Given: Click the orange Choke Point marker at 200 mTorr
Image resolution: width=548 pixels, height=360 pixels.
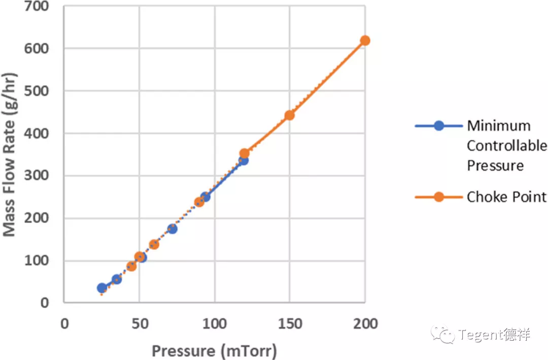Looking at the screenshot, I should (365, 41).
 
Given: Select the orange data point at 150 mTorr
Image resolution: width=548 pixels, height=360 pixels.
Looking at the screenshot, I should (289, 115).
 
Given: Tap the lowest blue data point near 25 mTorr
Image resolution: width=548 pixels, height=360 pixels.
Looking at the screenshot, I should (101, 288).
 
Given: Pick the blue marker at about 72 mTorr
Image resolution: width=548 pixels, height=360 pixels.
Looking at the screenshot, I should (172, 229).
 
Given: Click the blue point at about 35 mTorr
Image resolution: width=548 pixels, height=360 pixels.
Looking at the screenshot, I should (116, 279).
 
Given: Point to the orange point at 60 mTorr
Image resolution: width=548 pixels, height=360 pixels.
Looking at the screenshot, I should (154, 244).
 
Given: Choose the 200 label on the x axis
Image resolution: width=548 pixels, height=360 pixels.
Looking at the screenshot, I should (365, 323).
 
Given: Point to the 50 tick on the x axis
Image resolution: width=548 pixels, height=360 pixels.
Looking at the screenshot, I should (139, 323).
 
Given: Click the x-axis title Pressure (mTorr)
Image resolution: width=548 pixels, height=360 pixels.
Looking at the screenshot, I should (214, 351).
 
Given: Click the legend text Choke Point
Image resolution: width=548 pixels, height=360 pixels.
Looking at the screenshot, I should (506, 197).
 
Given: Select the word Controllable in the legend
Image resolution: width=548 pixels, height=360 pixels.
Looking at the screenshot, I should (506, 146).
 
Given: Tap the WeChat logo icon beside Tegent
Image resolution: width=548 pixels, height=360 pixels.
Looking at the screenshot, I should (443, 334).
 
